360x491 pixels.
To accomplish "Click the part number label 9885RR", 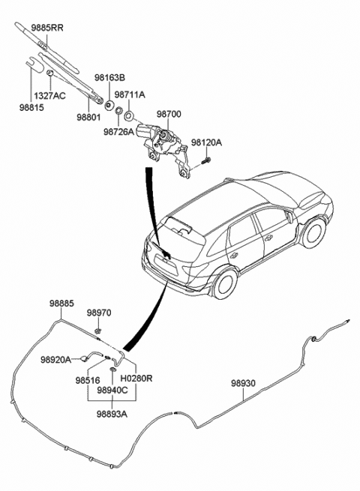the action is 47,28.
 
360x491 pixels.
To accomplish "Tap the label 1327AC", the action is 49,95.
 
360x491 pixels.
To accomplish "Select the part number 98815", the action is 31,107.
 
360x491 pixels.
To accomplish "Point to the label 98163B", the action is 109,77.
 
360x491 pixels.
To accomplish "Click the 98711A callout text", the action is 130,94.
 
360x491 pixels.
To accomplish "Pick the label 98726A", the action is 118,132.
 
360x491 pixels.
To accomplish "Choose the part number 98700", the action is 169,114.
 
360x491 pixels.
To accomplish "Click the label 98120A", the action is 206,142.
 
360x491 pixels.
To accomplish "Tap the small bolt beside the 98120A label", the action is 206,161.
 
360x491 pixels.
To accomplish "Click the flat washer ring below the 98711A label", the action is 129,116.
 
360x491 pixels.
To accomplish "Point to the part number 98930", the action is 244,383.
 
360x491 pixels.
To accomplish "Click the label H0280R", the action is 136,379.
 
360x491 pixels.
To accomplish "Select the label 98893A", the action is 112,414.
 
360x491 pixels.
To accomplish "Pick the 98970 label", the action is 99,313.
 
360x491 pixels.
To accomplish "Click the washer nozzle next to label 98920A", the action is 85,358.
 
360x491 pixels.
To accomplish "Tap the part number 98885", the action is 61,304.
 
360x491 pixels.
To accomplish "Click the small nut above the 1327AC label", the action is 49,73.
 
